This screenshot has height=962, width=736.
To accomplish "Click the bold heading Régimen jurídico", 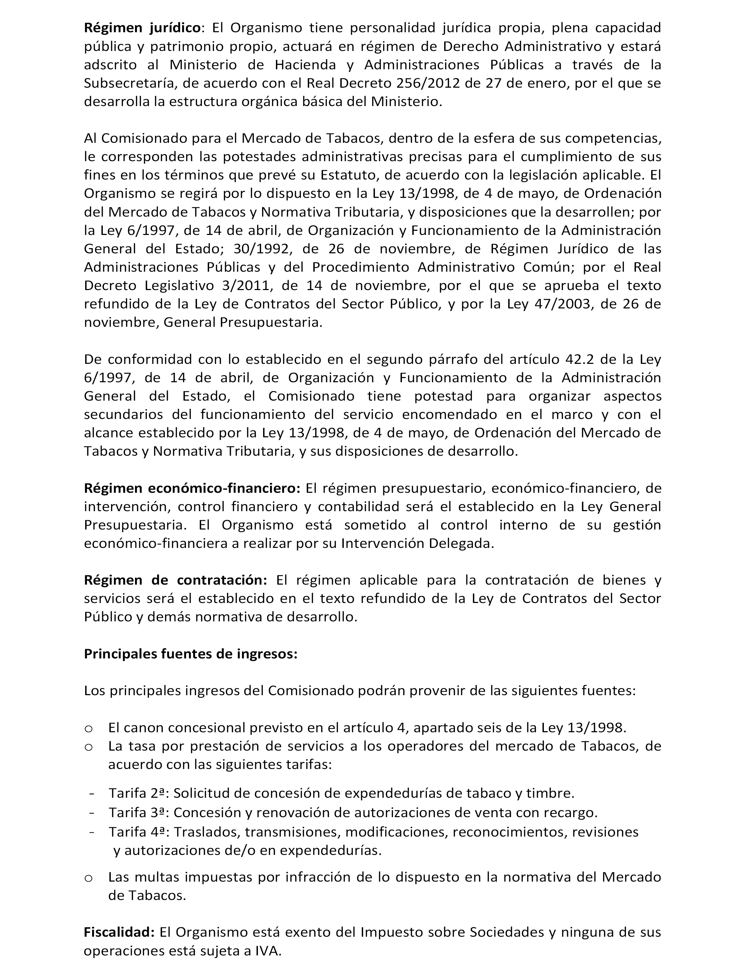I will tap(142, 28).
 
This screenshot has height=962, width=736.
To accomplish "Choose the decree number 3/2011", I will tap(244, 286).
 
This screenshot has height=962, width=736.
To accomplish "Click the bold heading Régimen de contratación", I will tap(175, 580).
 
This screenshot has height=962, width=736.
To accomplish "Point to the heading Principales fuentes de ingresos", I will tap(190, 654).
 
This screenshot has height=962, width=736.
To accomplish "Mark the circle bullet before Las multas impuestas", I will tap(89, 878).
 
